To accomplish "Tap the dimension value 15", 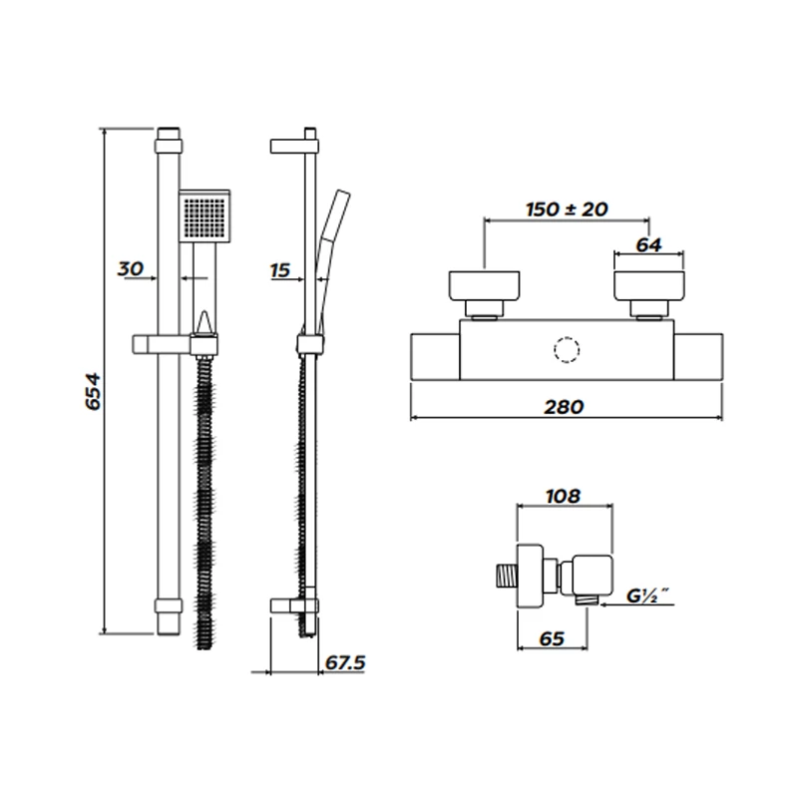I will coord(279,268).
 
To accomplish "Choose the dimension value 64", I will coord(648,245).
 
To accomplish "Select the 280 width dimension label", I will coord(565,406).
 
